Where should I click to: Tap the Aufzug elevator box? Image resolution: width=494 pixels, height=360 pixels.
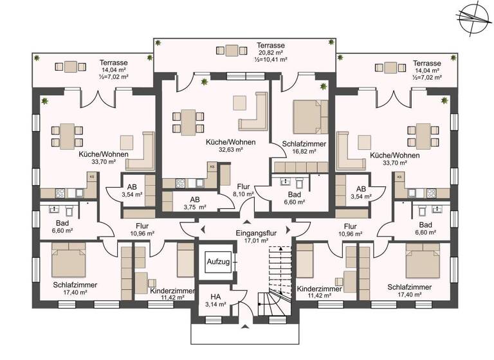(x=217, y=262)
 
